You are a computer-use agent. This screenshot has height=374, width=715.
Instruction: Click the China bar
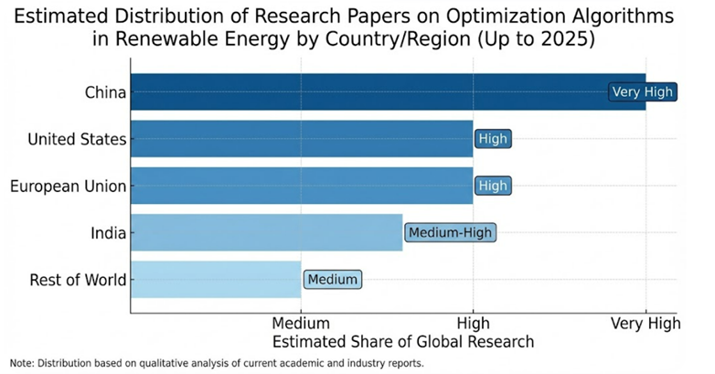tap(366, 91)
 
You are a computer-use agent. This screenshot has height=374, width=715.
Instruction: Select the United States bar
tap(302, 139)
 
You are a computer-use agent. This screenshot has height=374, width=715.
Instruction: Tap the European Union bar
tap(302, 186)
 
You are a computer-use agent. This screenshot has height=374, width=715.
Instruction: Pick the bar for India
tap(265, 232)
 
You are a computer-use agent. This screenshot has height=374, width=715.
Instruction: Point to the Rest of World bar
tap(216, 279)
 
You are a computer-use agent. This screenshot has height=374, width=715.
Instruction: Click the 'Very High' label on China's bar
tap(642, 91)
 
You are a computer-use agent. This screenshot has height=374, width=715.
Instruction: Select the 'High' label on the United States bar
tap(492, 139)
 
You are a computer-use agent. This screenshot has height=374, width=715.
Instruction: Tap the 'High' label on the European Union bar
tap(492, 186)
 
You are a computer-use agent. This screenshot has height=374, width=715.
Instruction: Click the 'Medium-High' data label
tap(450, 232)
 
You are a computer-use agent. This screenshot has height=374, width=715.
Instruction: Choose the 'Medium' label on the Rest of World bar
tap(333, 279)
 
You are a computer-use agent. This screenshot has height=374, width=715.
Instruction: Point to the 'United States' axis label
tap(77, 139)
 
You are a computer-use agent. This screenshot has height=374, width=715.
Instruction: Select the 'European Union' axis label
tap(68, 186)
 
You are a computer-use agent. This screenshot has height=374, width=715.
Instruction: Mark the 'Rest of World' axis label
tap(79, 279)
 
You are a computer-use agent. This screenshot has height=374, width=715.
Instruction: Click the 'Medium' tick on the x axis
tap(301, 323)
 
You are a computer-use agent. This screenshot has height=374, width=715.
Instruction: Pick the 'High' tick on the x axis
tap(473, 323)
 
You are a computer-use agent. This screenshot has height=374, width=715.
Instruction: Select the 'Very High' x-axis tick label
tap(646, 323)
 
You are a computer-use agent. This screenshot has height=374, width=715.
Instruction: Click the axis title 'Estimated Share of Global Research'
tap(403, 341)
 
